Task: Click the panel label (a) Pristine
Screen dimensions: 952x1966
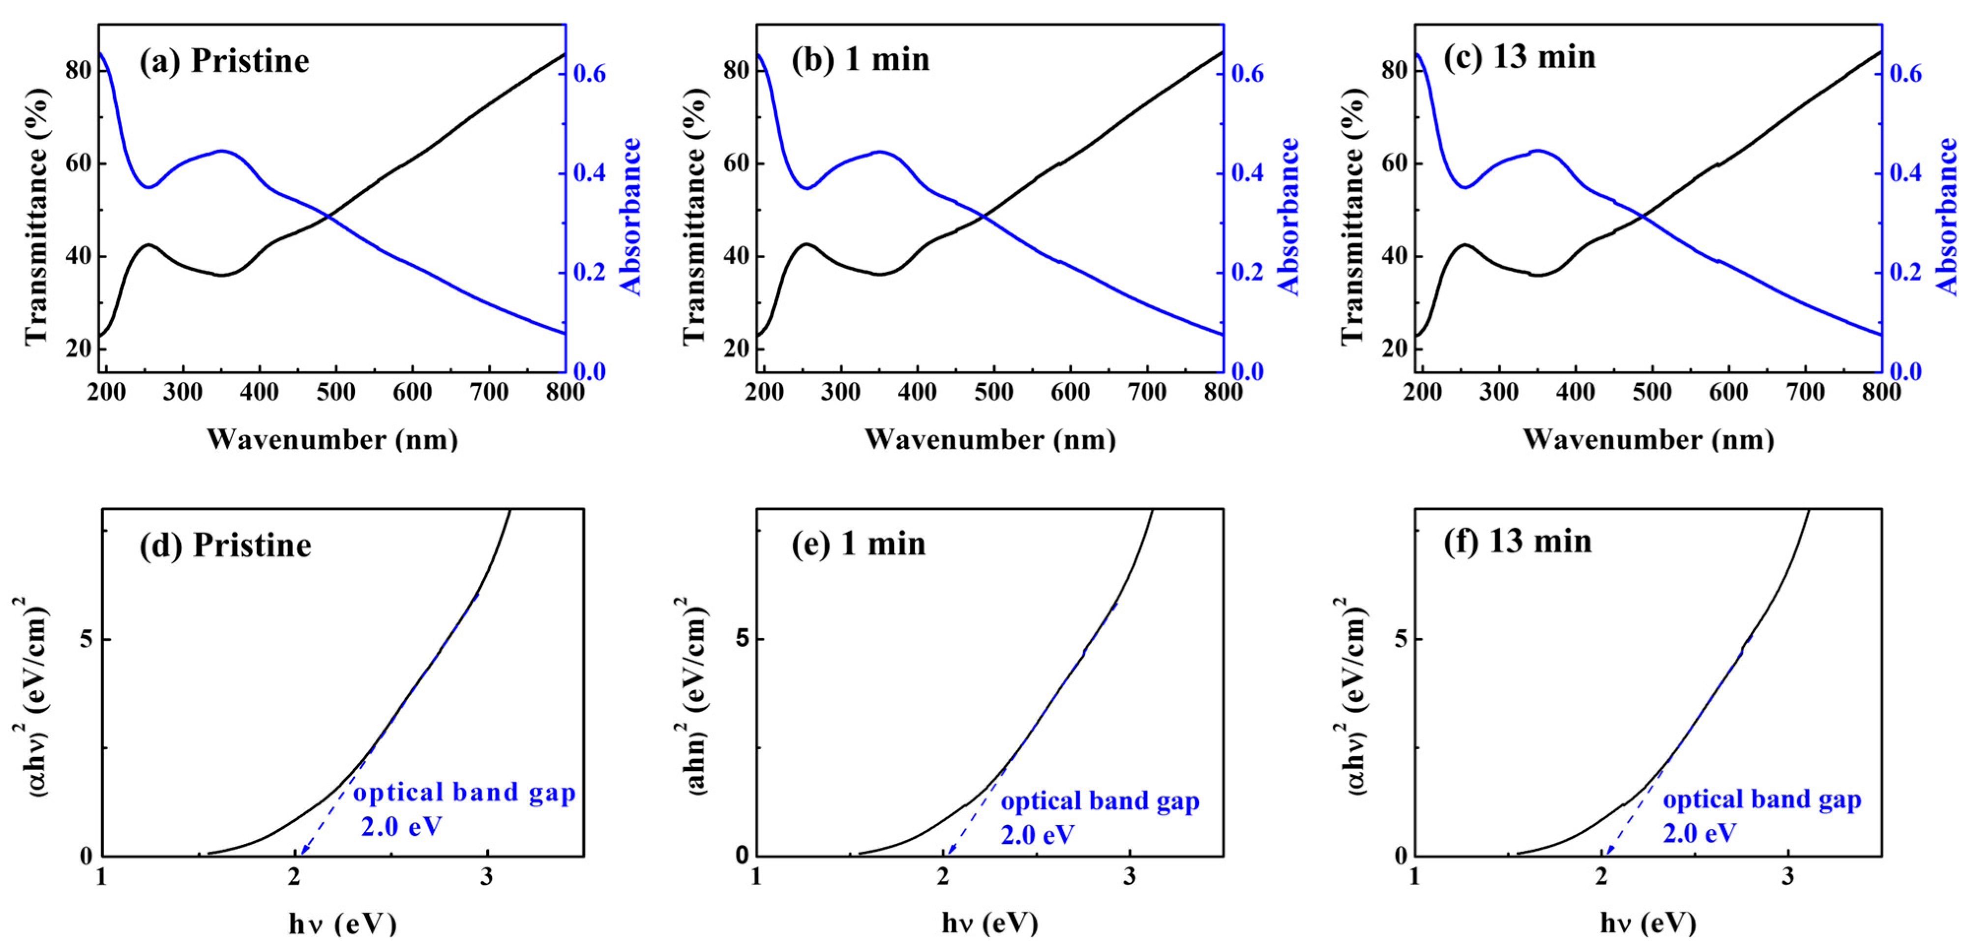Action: [x=224, y=61]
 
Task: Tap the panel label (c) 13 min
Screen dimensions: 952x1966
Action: [x=1519, y=57]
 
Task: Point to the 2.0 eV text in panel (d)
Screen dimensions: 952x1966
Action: [x=401, y=826]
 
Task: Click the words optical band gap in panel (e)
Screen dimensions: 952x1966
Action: [x=1100, y=801]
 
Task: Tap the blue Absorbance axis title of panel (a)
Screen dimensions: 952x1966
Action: [x=630, y=216]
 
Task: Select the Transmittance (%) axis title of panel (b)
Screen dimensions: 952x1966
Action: [x=694, y=216]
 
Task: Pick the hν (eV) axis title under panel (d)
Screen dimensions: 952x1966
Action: [x=343, y=924]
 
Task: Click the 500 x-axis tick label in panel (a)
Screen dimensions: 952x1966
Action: [x=336, y=393]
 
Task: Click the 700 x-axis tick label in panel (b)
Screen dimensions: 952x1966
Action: [x=1146, y=393]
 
